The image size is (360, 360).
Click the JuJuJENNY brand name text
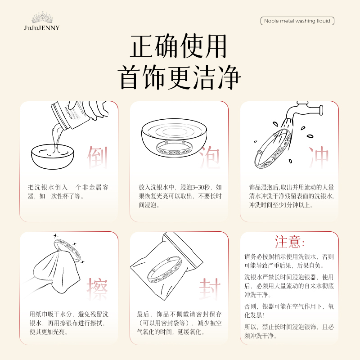[42, 28]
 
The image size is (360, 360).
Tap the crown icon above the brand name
[42, 18]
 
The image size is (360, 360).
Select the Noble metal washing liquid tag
[297, 21]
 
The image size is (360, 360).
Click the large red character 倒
[97, 157]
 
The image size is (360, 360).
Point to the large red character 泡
[209, 157]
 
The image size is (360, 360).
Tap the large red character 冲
[319, 157]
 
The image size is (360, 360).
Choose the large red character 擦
[97, 289]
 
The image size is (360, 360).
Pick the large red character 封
[209, 289]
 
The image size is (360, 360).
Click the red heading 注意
[289, 242]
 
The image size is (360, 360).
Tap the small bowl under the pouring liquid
[53, 157]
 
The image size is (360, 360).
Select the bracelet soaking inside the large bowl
[174, 148]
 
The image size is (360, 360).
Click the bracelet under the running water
[273, 148]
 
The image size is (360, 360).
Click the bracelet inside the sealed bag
[165, 269]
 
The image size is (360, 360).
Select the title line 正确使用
[178, 46]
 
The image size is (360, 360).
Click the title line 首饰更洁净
[179, 77]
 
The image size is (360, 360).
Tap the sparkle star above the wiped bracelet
[55, 235]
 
